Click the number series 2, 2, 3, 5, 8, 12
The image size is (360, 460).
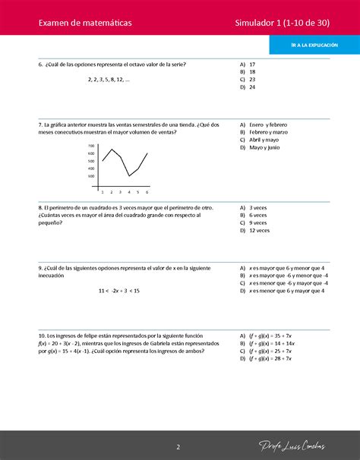click(x=109, y=79)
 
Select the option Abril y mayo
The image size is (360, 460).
click(x=261, y=140)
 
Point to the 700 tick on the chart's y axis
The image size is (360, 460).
click(x=91, y=146)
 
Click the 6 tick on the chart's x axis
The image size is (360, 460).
click(x=147, y=192)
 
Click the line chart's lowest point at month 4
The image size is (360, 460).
click(x=129, y=176)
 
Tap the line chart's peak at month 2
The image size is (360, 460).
click(x=112, y=149)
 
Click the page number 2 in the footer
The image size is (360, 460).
click(x=178, y=446)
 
